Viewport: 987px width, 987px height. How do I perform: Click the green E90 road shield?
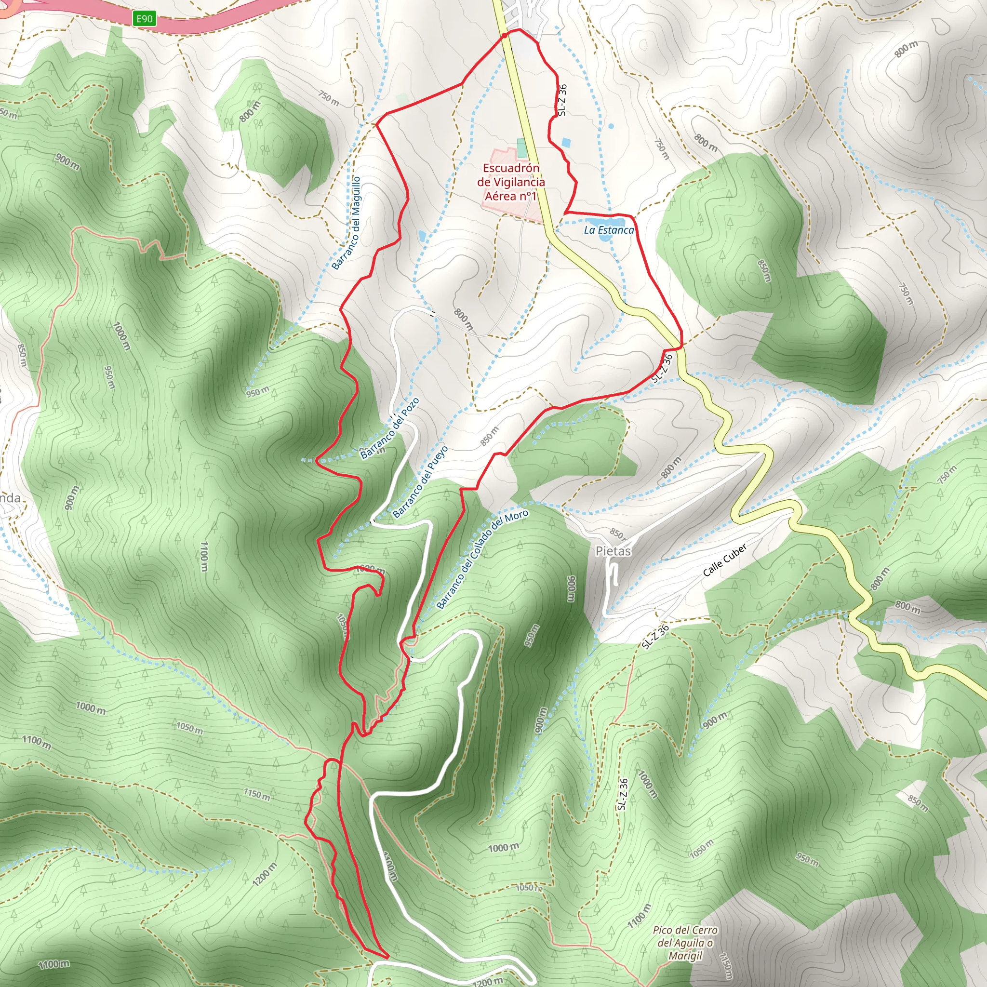[x=144, y=19]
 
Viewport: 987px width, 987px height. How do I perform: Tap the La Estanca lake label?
[x=609, y=230]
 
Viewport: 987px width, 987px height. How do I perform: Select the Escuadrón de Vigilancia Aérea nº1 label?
[x=511, y=182]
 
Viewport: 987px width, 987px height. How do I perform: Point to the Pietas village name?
[x=613, y=551]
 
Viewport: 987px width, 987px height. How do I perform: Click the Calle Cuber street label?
[x=724, y=560]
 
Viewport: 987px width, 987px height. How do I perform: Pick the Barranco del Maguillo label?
[x=346, y=223]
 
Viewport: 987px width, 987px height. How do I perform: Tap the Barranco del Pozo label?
[x=389, y=428]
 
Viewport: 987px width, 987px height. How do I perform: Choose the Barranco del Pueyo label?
[x=420, y=481]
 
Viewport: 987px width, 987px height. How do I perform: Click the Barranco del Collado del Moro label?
[x=482, y=560]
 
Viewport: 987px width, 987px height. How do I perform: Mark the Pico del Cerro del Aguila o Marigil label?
[x=685, y=943]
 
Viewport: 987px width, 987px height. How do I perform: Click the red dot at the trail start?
[x=504, y=35]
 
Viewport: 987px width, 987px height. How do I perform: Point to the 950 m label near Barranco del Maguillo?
[x=257, y=392]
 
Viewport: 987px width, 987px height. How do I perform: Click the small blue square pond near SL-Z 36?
[x=565, y=142]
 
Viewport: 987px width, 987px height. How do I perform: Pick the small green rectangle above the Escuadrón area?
[x=521, y=147]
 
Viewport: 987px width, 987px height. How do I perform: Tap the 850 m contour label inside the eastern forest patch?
[x=764, y=271]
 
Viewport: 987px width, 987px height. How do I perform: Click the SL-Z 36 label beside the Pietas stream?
[x=655, y=637]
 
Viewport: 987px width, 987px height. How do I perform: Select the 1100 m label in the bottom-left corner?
[x=53, y=964]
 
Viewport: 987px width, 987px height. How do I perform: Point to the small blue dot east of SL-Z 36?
[x=612, y=126]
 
